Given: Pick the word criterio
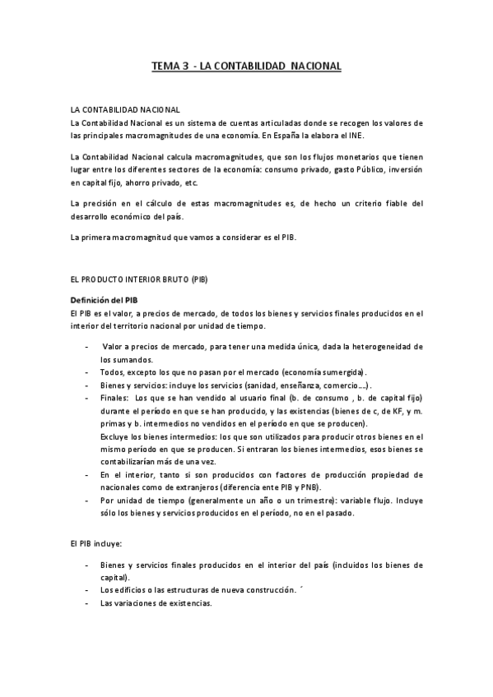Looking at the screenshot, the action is click(x=352, y=204).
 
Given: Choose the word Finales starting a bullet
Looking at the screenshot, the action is click(x=114, y=397).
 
